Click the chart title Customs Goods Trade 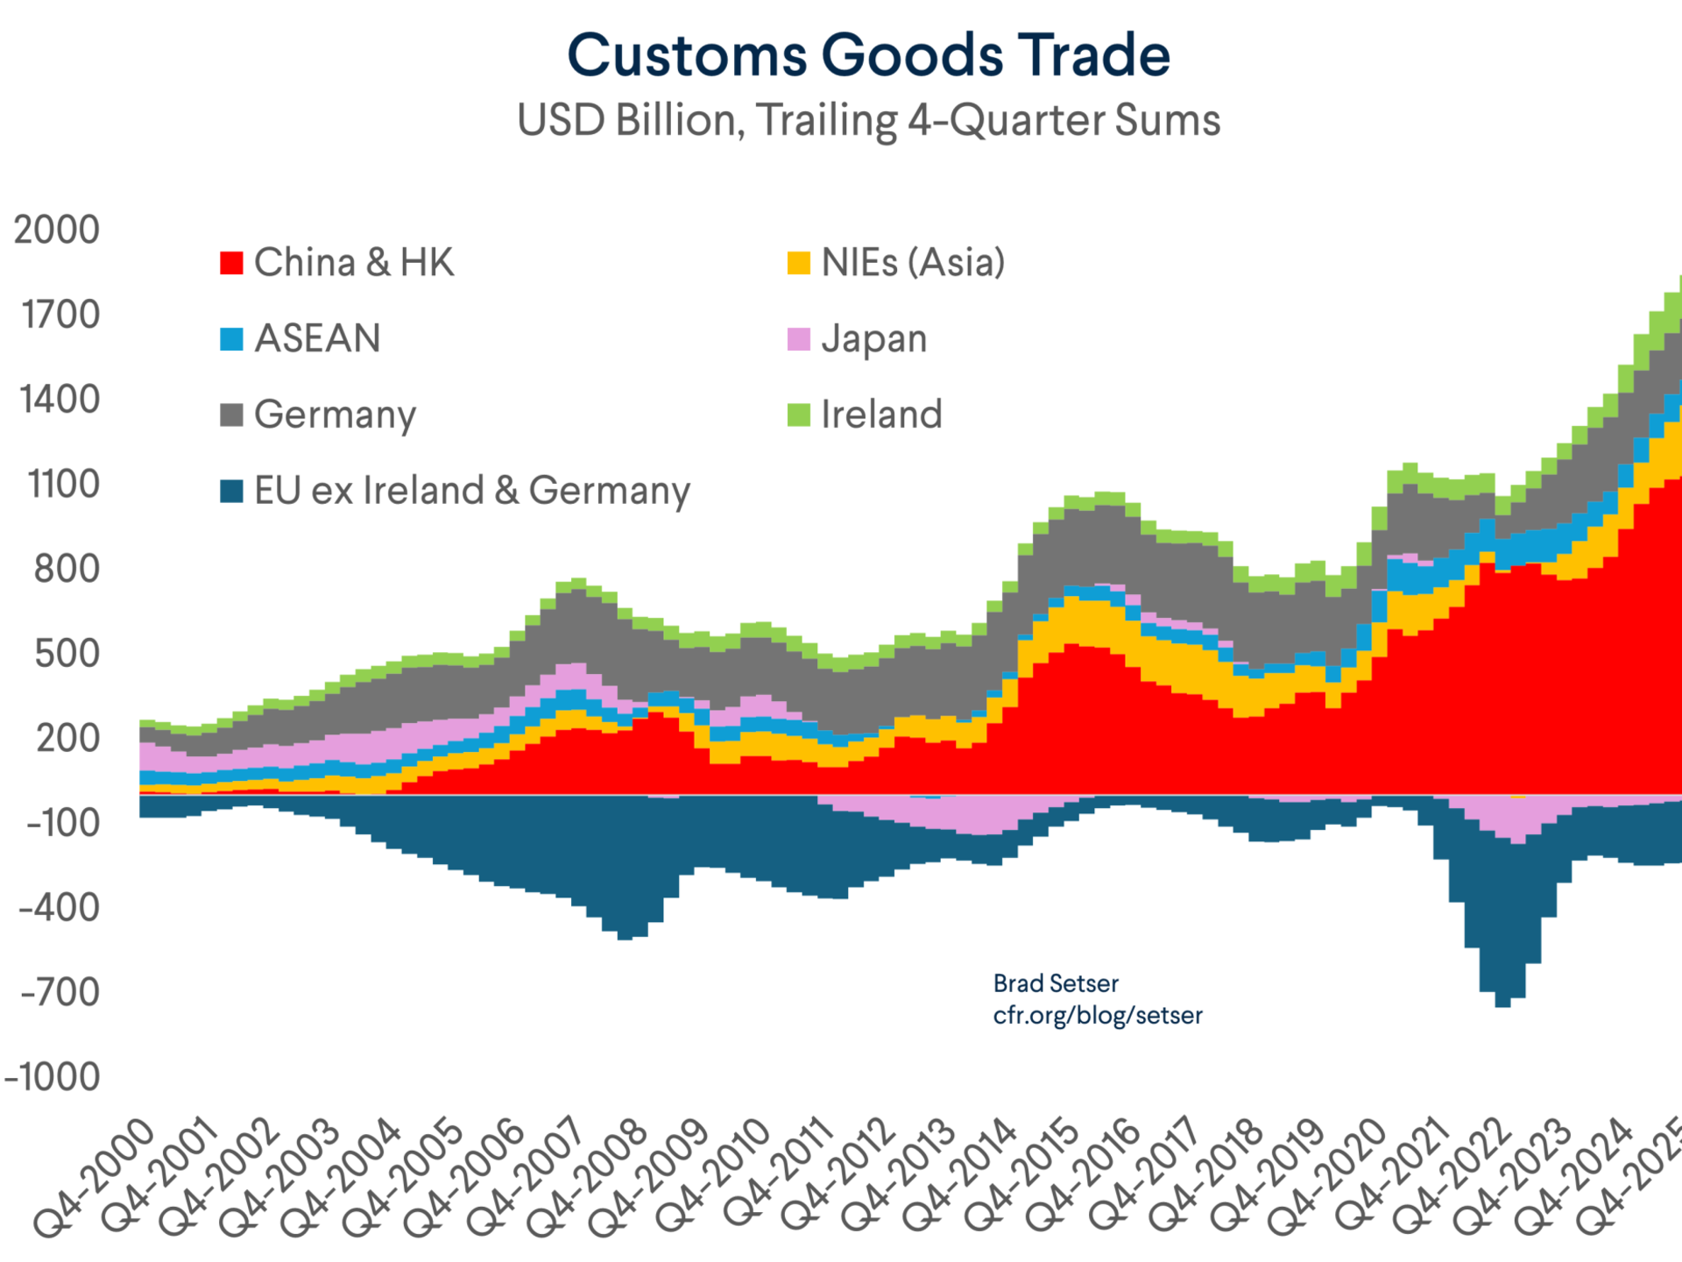click(x=868, y=55)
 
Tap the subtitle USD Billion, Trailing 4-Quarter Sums click(x=868, y=120)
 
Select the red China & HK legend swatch click(x=231, y=263)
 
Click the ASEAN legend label click(x=317, y=338)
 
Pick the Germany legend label click(x=335, y=415)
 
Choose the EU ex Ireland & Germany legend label click(x=472, y=491)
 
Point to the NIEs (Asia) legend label click(x=913, y=263)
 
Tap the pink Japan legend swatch click(x=799, y=339)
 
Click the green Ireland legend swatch click(x=799, y=415)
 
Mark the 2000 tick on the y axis click(x=57, y=230)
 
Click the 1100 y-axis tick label click(x=63, y=485)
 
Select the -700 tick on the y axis click(x=60, y=993)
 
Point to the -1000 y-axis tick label click(x=53, y=1078)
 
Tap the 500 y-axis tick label click(x=67, y=654)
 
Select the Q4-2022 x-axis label click(x=1451, y=1179)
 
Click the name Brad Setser click(x=1056, y=983)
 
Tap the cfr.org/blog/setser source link click(x=1098, y=1016)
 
